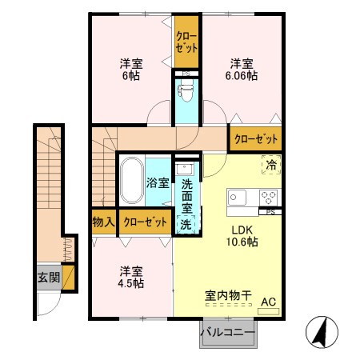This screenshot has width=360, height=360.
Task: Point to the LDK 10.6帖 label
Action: click(240, 234)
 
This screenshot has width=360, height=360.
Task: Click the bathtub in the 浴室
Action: click(131, 183)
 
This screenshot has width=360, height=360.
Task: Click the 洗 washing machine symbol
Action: click(186, 225)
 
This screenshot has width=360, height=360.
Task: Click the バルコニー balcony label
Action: click(227, 332)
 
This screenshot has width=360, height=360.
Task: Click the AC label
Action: click(268, 301)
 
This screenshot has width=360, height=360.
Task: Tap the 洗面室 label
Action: click(186, 194)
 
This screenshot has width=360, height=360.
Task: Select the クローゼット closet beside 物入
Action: click(146, 222)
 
